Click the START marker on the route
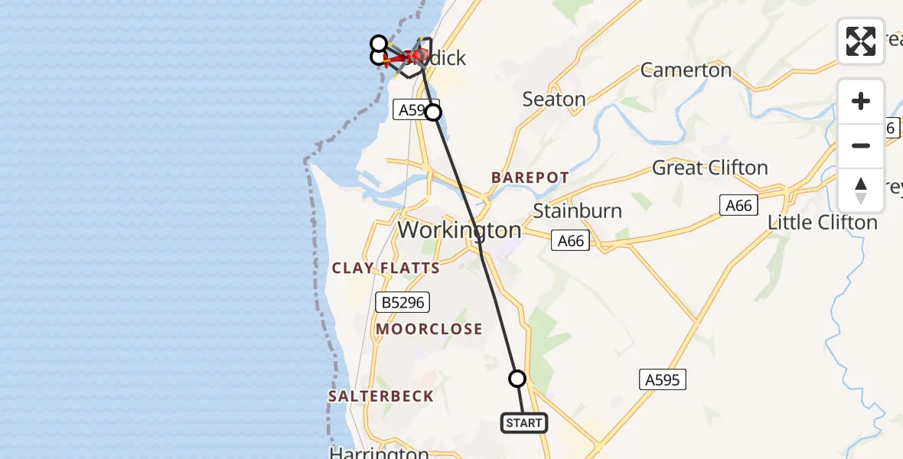pyautogui.click(x=524, y=423)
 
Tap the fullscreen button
pyautogui.click(x=861, y=41)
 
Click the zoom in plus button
pyautogui.click(x=861, y=101)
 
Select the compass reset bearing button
pyautogui.click(x=861, y=190)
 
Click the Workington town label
pyautogui.click(x=459, y=229)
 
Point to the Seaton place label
pyautogui.click(x=554, y=99)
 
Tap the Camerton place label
pyautogui.click(x=686, y=70)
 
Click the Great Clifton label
pyautogui.click(x=709, y=168)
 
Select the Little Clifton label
pyautogui.click(x=823, y=223)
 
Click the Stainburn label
pyautogui.click(x=577, y=210)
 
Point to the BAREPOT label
pyautogui.click(x=530, y=177)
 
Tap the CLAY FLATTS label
pyautogui.click(x=386, y=268)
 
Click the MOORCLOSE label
pyautogui.click(x=429, y=329)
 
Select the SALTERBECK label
pyautogui.click(x=381, y=396)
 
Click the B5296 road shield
pyautogui.click(x=403, y=302)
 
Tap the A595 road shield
pyautogui.click(x=662, y=379)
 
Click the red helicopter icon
pyautogui.click(x=417, y=56)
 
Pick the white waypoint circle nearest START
pyautogui.click(x=517, y=379)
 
